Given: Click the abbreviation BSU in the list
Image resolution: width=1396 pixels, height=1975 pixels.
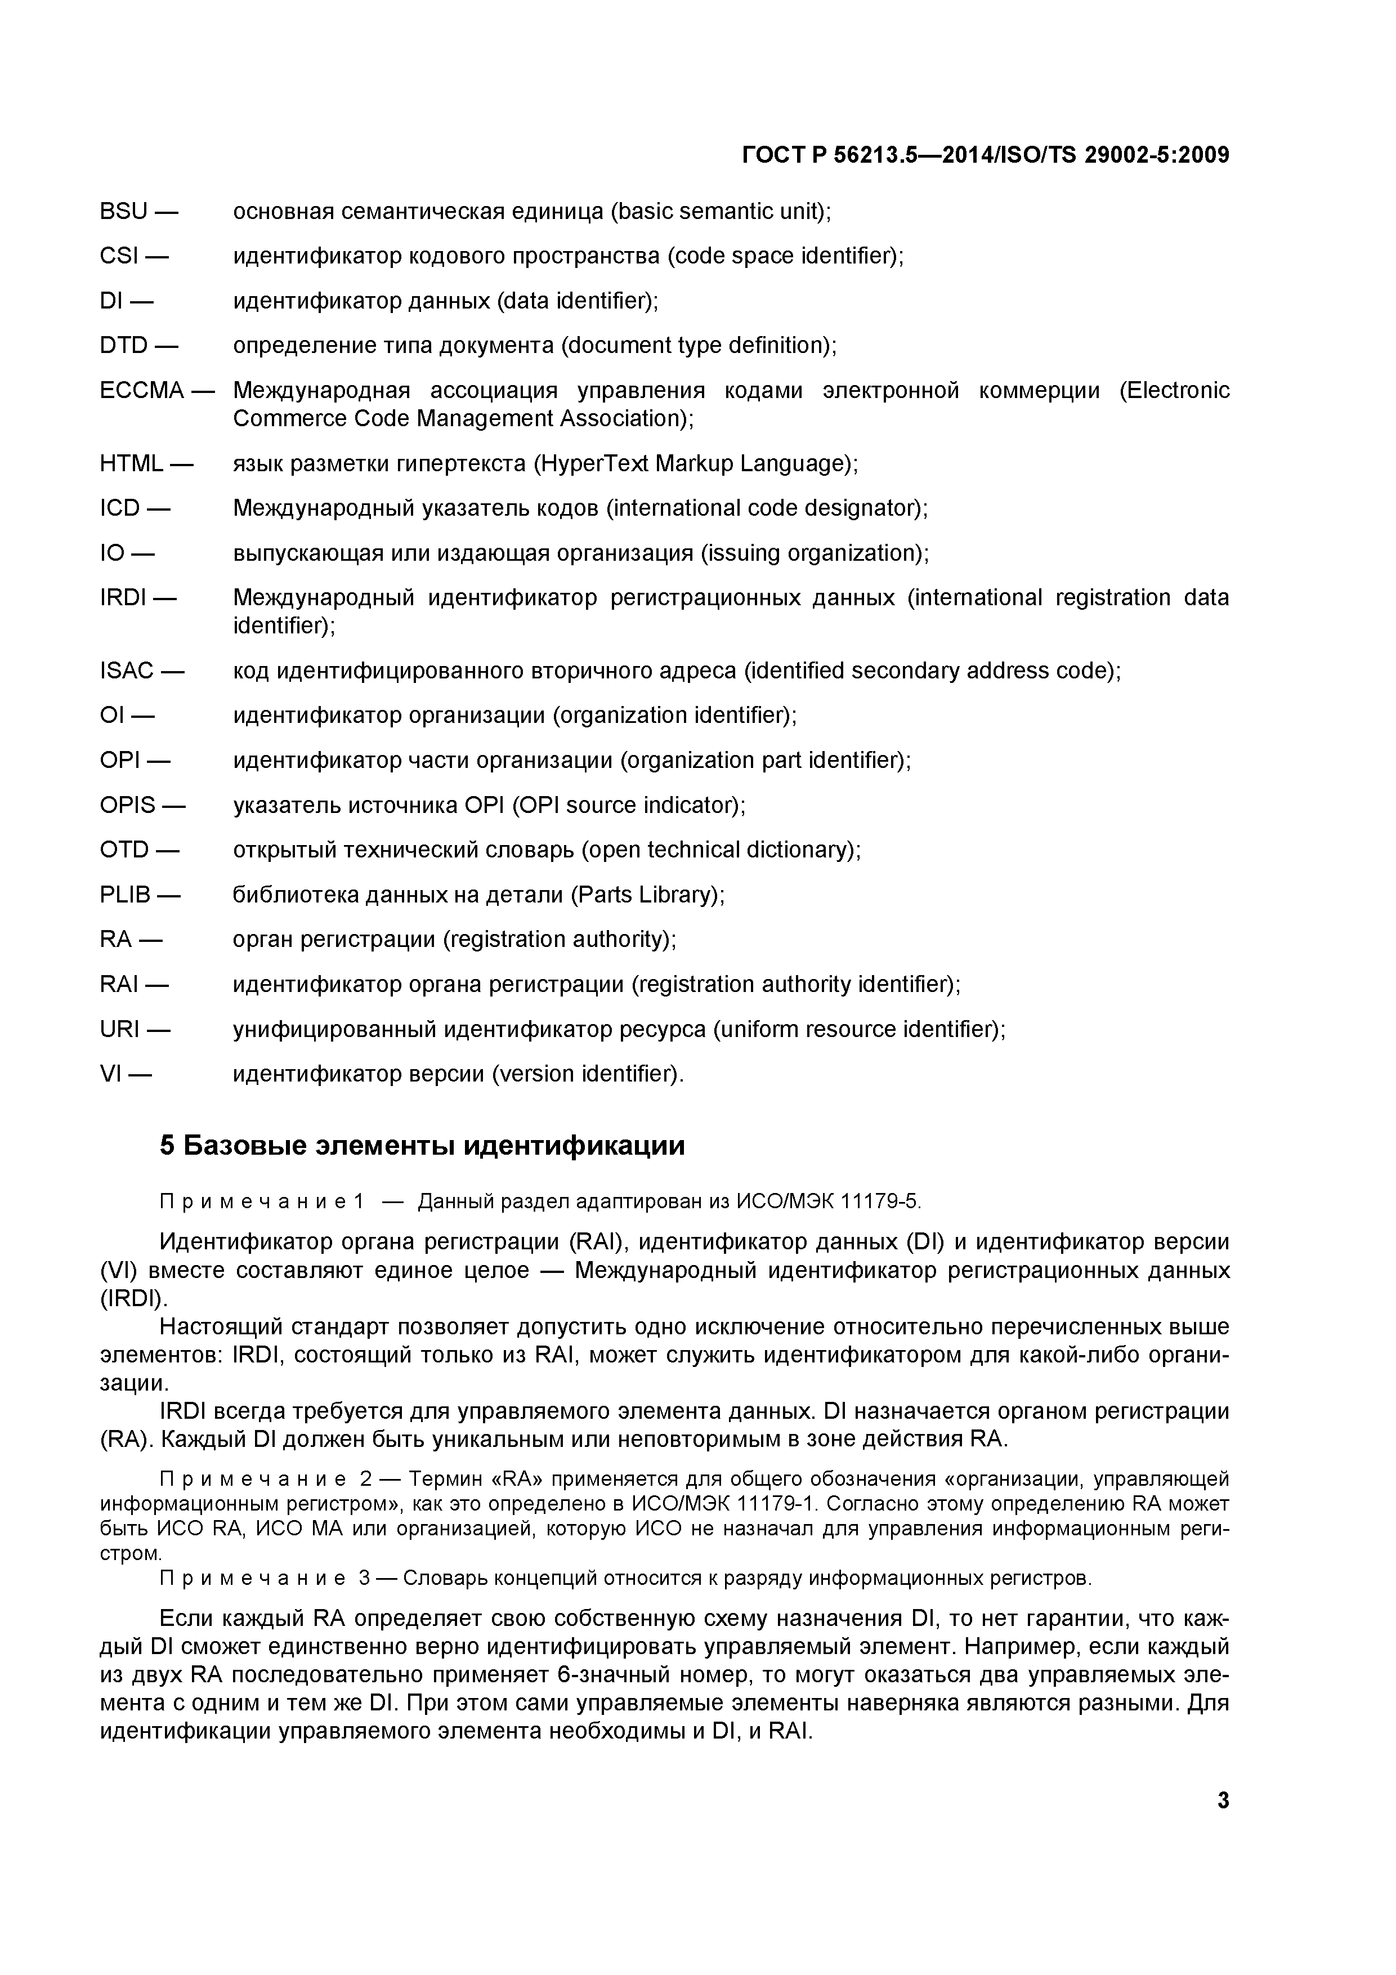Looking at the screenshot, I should (x=124, y=212).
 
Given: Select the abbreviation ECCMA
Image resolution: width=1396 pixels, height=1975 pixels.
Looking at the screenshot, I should (x=142, y=391).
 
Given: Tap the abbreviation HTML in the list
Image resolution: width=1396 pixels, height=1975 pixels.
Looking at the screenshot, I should (x=131, y=464).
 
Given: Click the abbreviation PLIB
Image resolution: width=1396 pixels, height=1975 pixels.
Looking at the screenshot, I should (x=126, y=896).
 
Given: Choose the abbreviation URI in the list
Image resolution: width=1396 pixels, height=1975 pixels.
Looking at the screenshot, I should (x=119, y=1030).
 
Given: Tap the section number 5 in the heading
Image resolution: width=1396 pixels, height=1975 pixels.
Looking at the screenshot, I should (x=168, y=1147).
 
